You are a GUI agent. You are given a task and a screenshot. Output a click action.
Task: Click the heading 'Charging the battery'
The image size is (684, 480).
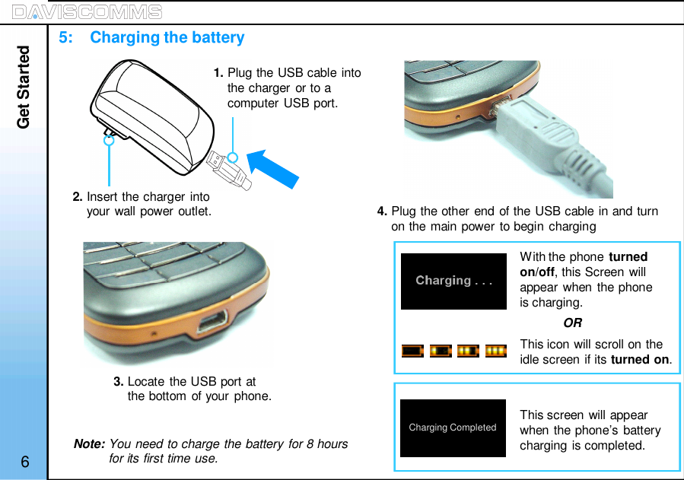[x=167, y=37]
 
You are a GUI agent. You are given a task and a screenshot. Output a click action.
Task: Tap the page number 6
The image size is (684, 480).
[x=25, y=463]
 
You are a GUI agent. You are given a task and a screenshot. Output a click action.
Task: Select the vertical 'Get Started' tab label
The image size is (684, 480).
[x=24, y=87]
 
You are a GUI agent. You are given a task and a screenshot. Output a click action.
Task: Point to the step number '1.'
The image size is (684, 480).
[x=218, y=73]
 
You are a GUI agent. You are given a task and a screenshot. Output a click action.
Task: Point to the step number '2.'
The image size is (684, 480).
[x=78, y=197]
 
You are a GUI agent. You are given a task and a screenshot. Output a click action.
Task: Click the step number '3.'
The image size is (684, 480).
[x=119, y=382]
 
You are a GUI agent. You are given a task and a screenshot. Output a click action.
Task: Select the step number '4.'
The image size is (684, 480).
[x=383, y=211]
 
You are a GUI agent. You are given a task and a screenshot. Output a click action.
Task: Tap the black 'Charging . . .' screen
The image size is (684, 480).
[x=453, y=281]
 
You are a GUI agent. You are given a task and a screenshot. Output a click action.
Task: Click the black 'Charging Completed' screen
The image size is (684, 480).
[x=453, y=428]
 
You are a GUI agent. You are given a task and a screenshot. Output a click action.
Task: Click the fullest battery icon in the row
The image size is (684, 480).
[x=496, y=351]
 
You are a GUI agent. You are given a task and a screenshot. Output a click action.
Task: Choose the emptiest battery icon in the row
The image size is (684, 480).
[x=412, y=351]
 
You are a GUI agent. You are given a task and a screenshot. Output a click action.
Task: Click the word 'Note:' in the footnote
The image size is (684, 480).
[x=89, y=444]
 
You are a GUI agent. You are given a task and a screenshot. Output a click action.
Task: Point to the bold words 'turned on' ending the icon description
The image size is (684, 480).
[x=640, y=360]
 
